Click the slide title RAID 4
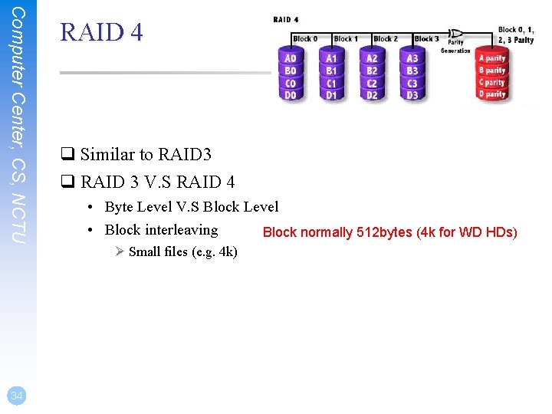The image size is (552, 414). tap(101, 32)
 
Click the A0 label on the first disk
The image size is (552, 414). tap(291, 58)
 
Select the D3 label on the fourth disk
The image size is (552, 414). tap(412, 95)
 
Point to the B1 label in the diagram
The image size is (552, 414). tap(331, 71)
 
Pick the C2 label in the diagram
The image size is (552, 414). tap(372, 83)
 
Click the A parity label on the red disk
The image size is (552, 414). tap(491, 58)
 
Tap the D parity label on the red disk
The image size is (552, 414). tap(491, 95)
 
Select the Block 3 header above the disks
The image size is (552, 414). tap(426, 39)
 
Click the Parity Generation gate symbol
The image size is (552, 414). tap(455, 34)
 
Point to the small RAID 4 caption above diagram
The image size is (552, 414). tap(286, 19)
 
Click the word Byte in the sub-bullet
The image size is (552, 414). tap(120, 206)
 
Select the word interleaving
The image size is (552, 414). tap(182, 229)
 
